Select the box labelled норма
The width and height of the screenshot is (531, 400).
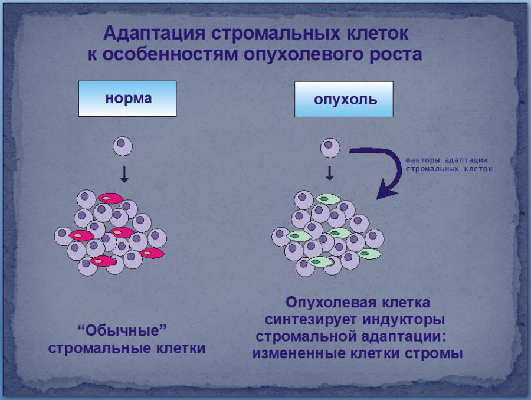(x=128, y=99)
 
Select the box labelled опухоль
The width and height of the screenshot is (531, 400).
(x=345, y=99)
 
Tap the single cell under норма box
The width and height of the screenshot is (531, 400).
(x=123, y=146)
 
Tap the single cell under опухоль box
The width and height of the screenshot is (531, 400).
(x=330, y=147)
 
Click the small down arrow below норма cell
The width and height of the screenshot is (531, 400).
(x=123, y=173)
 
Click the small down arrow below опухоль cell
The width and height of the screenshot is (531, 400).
(x=330, y=173)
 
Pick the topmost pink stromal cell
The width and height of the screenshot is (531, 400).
(x=109, y=198)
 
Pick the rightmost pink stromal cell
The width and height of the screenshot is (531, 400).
(x=152, y=253)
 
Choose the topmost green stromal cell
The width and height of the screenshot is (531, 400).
(x=327, y=199)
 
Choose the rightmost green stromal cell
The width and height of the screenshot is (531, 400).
(x=369, y=254)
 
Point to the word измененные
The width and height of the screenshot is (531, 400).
(x=306, y=354)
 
